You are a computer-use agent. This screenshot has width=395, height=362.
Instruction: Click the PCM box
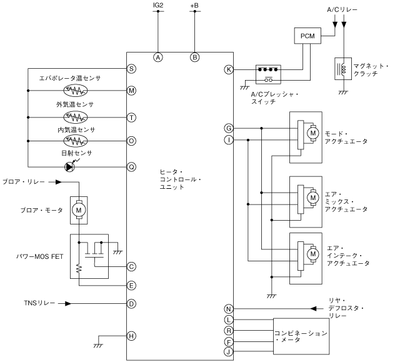click(x=308, y=36)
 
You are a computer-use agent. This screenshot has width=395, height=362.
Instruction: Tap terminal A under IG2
click(x=158, y=57)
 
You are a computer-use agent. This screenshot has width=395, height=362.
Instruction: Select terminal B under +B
click(x=194, y=57)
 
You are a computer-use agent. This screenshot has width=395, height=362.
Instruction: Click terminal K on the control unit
click(x=229, y=69)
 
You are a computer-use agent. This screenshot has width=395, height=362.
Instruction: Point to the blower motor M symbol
click(x=79, y=210)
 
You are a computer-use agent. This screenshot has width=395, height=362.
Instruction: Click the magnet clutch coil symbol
click(x=342, y=69)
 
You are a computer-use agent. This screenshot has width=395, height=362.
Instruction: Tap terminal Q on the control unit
click(x=132, y=166)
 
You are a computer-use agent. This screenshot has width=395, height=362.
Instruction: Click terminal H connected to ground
click(x=132, y=335)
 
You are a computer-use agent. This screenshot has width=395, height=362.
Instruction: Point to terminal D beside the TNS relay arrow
click(x=132, y=304)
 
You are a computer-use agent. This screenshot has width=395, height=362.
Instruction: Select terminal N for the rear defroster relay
click(x=229, y=308)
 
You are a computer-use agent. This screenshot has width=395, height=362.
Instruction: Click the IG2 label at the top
click(x=158, y=6)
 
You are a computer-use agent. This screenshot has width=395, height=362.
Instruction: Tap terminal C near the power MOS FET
click(x=132, y=266)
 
